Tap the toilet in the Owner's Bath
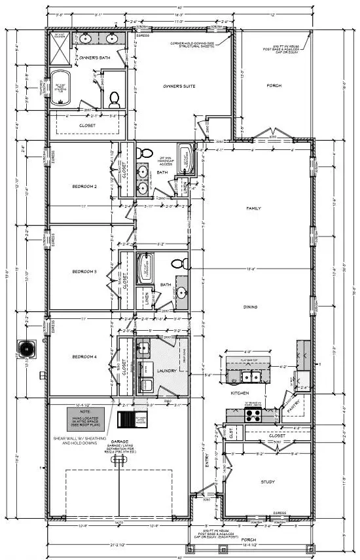(x=114, y=99)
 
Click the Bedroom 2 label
(x=84, y=187)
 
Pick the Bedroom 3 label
(x=84, y=271)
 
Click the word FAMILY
(x=253, y=208)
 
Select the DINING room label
(x=250, y=307)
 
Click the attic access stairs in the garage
(x=126, y=419)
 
